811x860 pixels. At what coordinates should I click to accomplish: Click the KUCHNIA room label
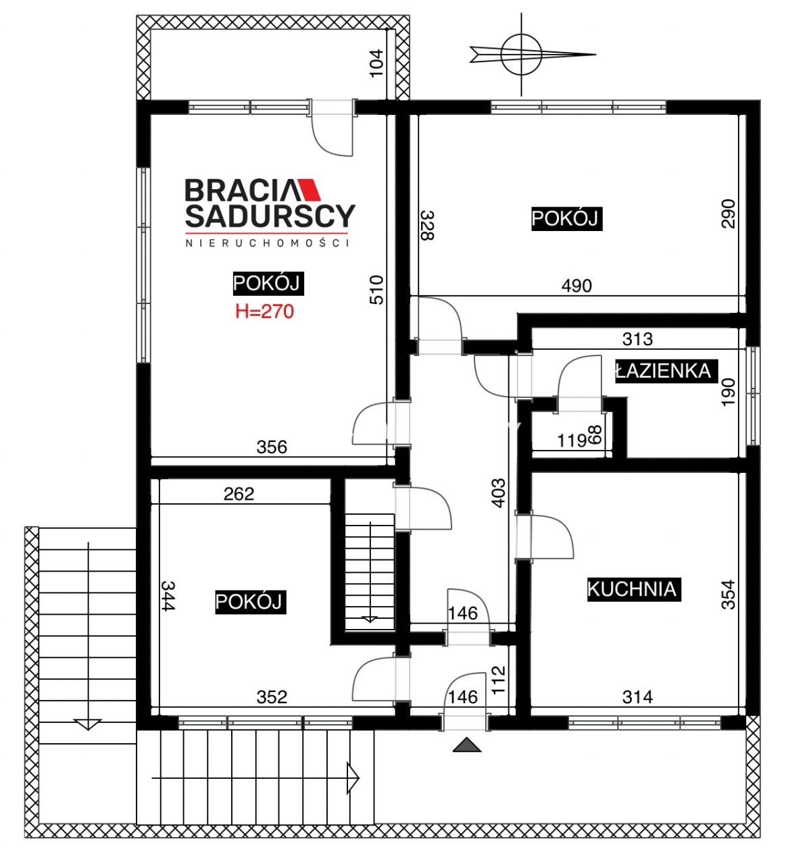tap(634, 589)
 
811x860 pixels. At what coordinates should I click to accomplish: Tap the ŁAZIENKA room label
tap(666, 371)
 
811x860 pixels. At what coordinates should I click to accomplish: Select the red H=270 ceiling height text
tap(265, 311)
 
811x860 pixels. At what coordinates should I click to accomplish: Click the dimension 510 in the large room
tap(376, 290)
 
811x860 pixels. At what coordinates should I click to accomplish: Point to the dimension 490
tap(576, 286)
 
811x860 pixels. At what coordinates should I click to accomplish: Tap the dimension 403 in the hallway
tap(499, 492)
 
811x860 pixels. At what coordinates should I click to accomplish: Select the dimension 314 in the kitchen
tap(637, 697)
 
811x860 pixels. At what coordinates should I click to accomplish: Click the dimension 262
tap(239, 494)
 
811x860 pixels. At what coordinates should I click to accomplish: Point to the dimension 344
tap(168, 595)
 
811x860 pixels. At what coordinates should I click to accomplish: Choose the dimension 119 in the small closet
tap(572, 441)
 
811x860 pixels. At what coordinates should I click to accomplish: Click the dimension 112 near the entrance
tap(499, 680)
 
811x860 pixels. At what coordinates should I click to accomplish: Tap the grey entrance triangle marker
tap(467, 744)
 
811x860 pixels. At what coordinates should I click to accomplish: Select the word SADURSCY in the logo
tap(270, 216)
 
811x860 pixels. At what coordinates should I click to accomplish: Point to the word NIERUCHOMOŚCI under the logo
tap(268, 243)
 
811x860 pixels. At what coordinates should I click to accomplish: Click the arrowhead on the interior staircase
tap(370, 619)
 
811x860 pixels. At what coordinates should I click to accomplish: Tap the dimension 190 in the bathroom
tap(729, 393)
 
